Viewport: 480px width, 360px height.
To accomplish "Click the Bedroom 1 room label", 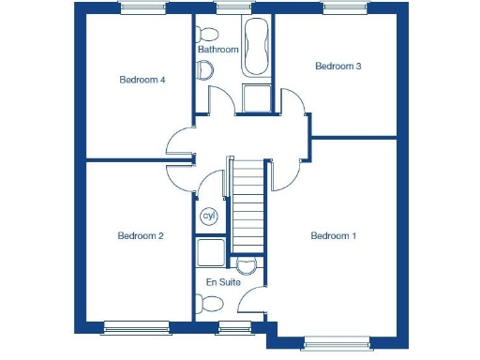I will tap(334, 235).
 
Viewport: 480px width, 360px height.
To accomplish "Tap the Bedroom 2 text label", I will tap(141, 235).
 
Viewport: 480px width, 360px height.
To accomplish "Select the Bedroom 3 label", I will tap(337, 66).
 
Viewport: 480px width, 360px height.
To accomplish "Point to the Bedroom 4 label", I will tap(142, 80).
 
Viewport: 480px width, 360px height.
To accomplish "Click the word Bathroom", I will tap(217, 50).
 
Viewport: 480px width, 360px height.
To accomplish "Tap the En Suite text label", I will tap(223, 281).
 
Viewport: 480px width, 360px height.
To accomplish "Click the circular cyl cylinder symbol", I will tap(209, 216).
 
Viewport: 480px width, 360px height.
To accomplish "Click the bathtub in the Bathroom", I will tap(255, 47).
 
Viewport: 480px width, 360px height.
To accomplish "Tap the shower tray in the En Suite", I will tap(212, 252).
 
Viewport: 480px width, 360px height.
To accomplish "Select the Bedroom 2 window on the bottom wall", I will tap(137, 326).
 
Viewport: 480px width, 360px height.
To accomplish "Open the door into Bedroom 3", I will tap(295, 103).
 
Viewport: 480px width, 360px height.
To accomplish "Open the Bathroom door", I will tap(218, 100).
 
